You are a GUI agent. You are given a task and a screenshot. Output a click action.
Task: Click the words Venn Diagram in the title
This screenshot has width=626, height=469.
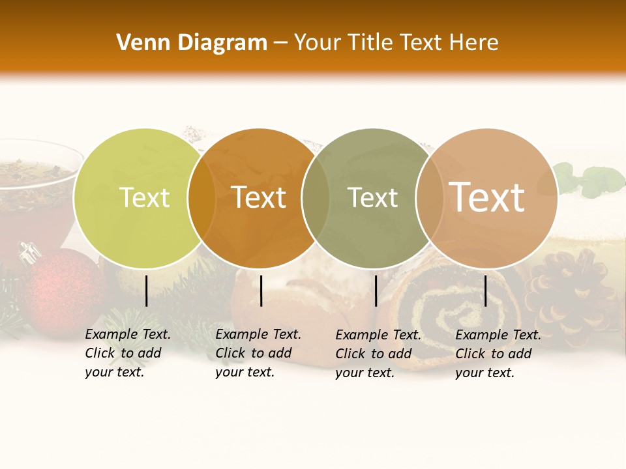(192, 43)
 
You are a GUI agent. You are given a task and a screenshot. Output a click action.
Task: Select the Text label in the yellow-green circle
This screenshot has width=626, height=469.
(144, 198)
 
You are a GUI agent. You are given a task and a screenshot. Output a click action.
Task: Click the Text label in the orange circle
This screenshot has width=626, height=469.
(259, 198)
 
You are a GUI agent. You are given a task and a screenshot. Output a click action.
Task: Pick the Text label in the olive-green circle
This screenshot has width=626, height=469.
(372, 198)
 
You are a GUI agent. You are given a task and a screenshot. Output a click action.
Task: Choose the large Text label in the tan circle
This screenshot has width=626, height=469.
(487, 197)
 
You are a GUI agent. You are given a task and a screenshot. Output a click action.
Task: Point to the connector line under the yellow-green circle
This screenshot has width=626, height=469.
(146, 291)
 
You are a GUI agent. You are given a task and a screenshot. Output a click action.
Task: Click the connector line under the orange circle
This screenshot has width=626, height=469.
(261, 291)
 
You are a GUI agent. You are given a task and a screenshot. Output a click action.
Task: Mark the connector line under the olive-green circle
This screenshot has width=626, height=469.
(376, 291)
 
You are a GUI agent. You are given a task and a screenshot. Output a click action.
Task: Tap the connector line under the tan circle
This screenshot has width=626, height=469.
(485, 291)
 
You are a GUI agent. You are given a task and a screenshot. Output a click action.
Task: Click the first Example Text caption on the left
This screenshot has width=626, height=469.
(127, 353)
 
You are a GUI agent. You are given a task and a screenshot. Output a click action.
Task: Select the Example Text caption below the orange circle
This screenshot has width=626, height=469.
(258, 353)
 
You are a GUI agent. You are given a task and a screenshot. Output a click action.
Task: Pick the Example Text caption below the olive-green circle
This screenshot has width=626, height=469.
(378, 354)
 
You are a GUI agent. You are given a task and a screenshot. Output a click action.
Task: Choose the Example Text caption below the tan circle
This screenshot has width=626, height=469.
(498, 354)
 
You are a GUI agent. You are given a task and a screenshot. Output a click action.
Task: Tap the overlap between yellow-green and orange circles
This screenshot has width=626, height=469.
(201, 198)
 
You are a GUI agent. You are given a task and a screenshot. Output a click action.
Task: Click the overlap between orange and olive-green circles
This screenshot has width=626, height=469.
(316, 198)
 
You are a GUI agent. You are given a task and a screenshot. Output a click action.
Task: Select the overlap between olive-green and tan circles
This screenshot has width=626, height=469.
(430, 198)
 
